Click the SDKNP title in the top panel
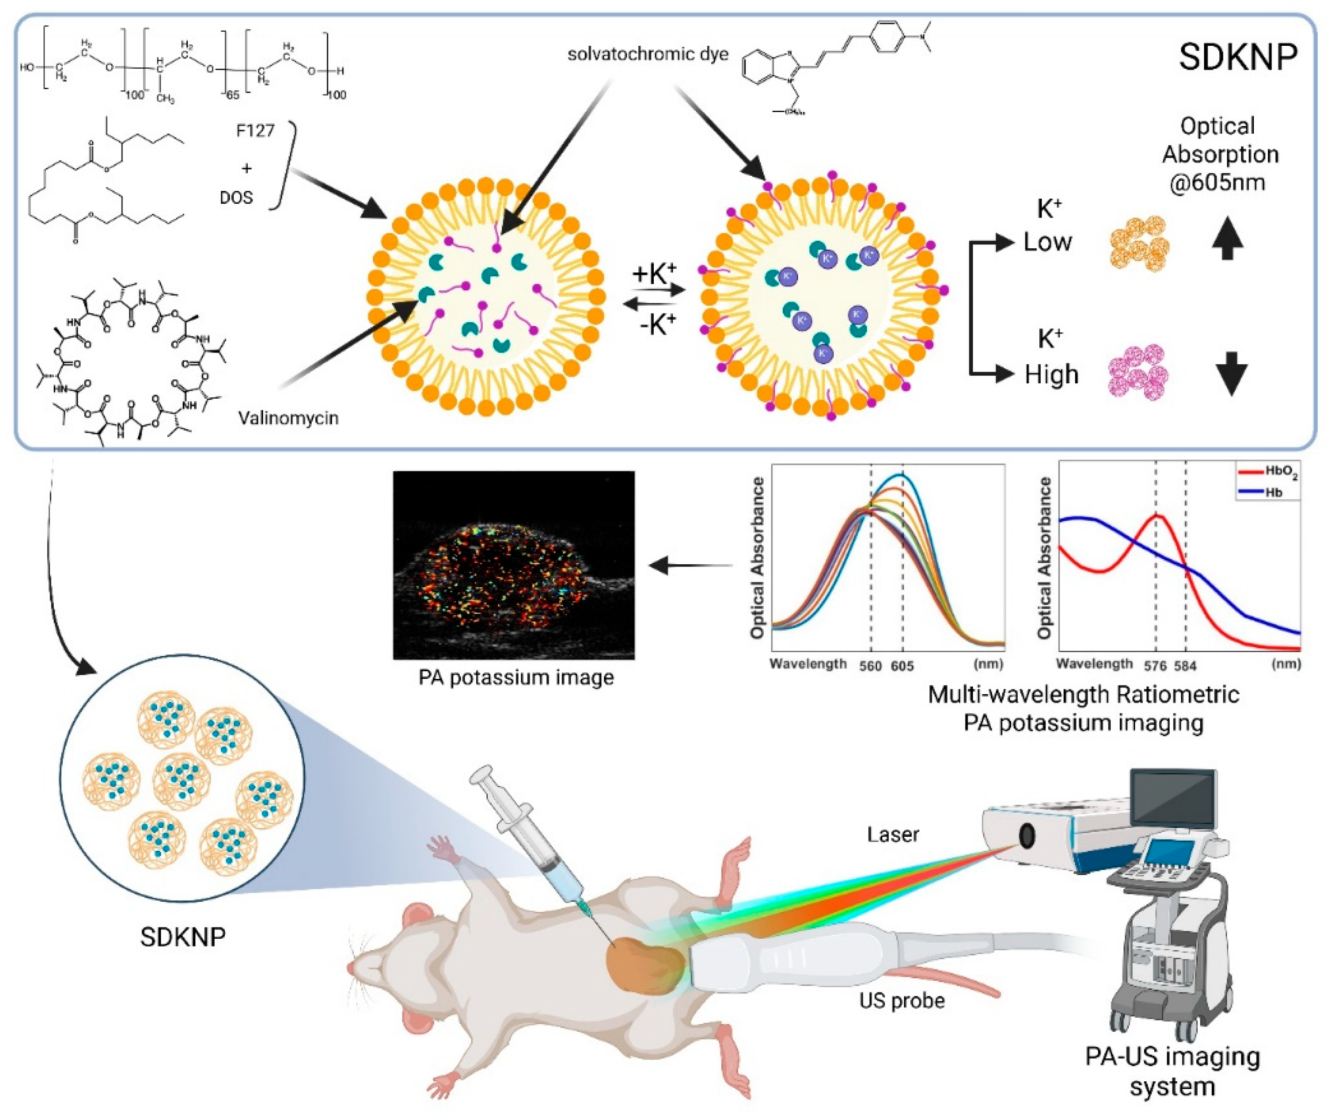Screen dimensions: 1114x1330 (x=1237, y=57)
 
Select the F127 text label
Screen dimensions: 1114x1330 (x=255, y=130)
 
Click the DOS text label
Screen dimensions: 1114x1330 (x=236, y=198)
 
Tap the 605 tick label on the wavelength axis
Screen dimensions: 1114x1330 (x=902, y=666)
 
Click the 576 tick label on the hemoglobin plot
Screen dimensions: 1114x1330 (x=1155, y=666)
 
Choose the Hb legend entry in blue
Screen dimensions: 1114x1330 (x=1273, y=491)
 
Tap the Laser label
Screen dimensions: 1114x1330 (x=893, y=834)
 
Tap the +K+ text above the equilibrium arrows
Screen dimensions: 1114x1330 (x=654, y=274)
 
